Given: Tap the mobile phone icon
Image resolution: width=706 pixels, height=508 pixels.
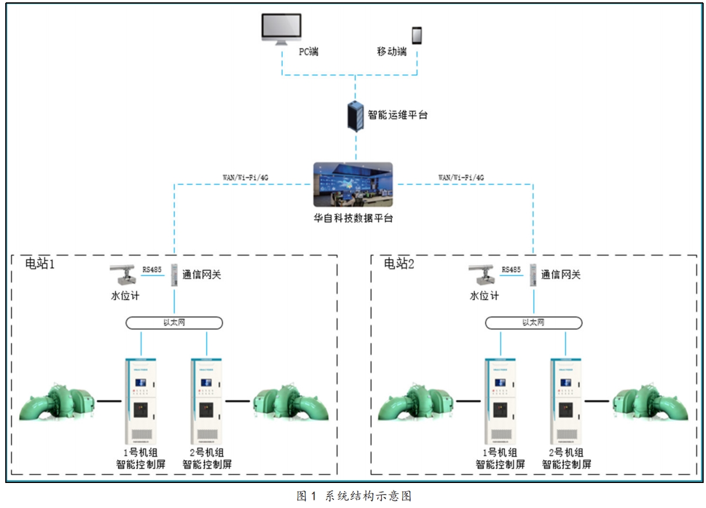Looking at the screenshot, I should tap(417, 35).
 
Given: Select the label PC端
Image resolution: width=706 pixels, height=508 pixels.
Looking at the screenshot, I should tap(308, 52).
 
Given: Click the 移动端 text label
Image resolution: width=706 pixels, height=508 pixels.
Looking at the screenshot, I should tap(391, 52).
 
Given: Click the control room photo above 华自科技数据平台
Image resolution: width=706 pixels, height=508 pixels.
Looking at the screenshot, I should tap(353, 184).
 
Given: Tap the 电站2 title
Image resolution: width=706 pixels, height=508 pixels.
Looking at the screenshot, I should tap(399, 264).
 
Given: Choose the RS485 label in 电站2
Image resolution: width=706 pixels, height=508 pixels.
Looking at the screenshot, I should tap(511, 270).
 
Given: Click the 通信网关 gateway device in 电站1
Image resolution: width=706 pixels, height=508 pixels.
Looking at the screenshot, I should tap(175, 275).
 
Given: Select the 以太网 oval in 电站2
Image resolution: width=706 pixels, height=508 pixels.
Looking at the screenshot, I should tap(534, 322).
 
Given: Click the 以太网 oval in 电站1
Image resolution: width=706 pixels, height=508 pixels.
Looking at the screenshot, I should tap(175, 322).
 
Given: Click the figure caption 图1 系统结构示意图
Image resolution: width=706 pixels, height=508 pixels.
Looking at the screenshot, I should tap(354, 496).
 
